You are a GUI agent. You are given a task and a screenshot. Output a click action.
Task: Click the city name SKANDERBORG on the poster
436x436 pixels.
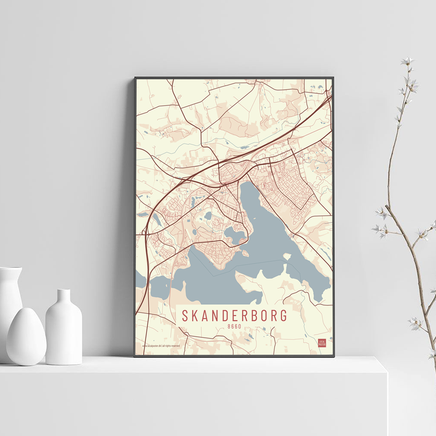click(235, 315)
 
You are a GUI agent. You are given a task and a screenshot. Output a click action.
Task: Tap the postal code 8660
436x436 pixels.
click(235, 326)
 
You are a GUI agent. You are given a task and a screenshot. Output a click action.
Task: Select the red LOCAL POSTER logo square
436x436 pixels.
click(322, 343)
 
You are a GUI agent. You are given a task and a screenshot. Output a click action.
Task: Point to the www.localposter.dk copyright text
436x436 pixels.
click(161, 346)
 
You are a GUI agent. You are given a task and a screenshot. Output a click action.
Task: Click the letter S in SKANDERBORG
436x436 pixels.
click(185, 315)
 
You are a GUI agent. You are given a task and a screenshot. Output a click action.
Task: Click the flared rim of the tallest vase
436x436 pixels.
click(10, 270)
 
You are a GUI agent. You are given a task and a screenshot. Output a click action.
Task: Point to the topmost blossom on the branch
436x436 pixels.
click(407, 61)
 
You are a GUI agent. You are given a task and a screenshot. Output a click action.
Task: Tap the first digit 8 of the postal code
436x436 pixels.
click(229, 326)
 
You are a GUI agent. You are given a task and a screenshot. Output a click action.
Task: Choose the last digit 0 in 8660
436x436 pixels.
click(240, 326)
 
